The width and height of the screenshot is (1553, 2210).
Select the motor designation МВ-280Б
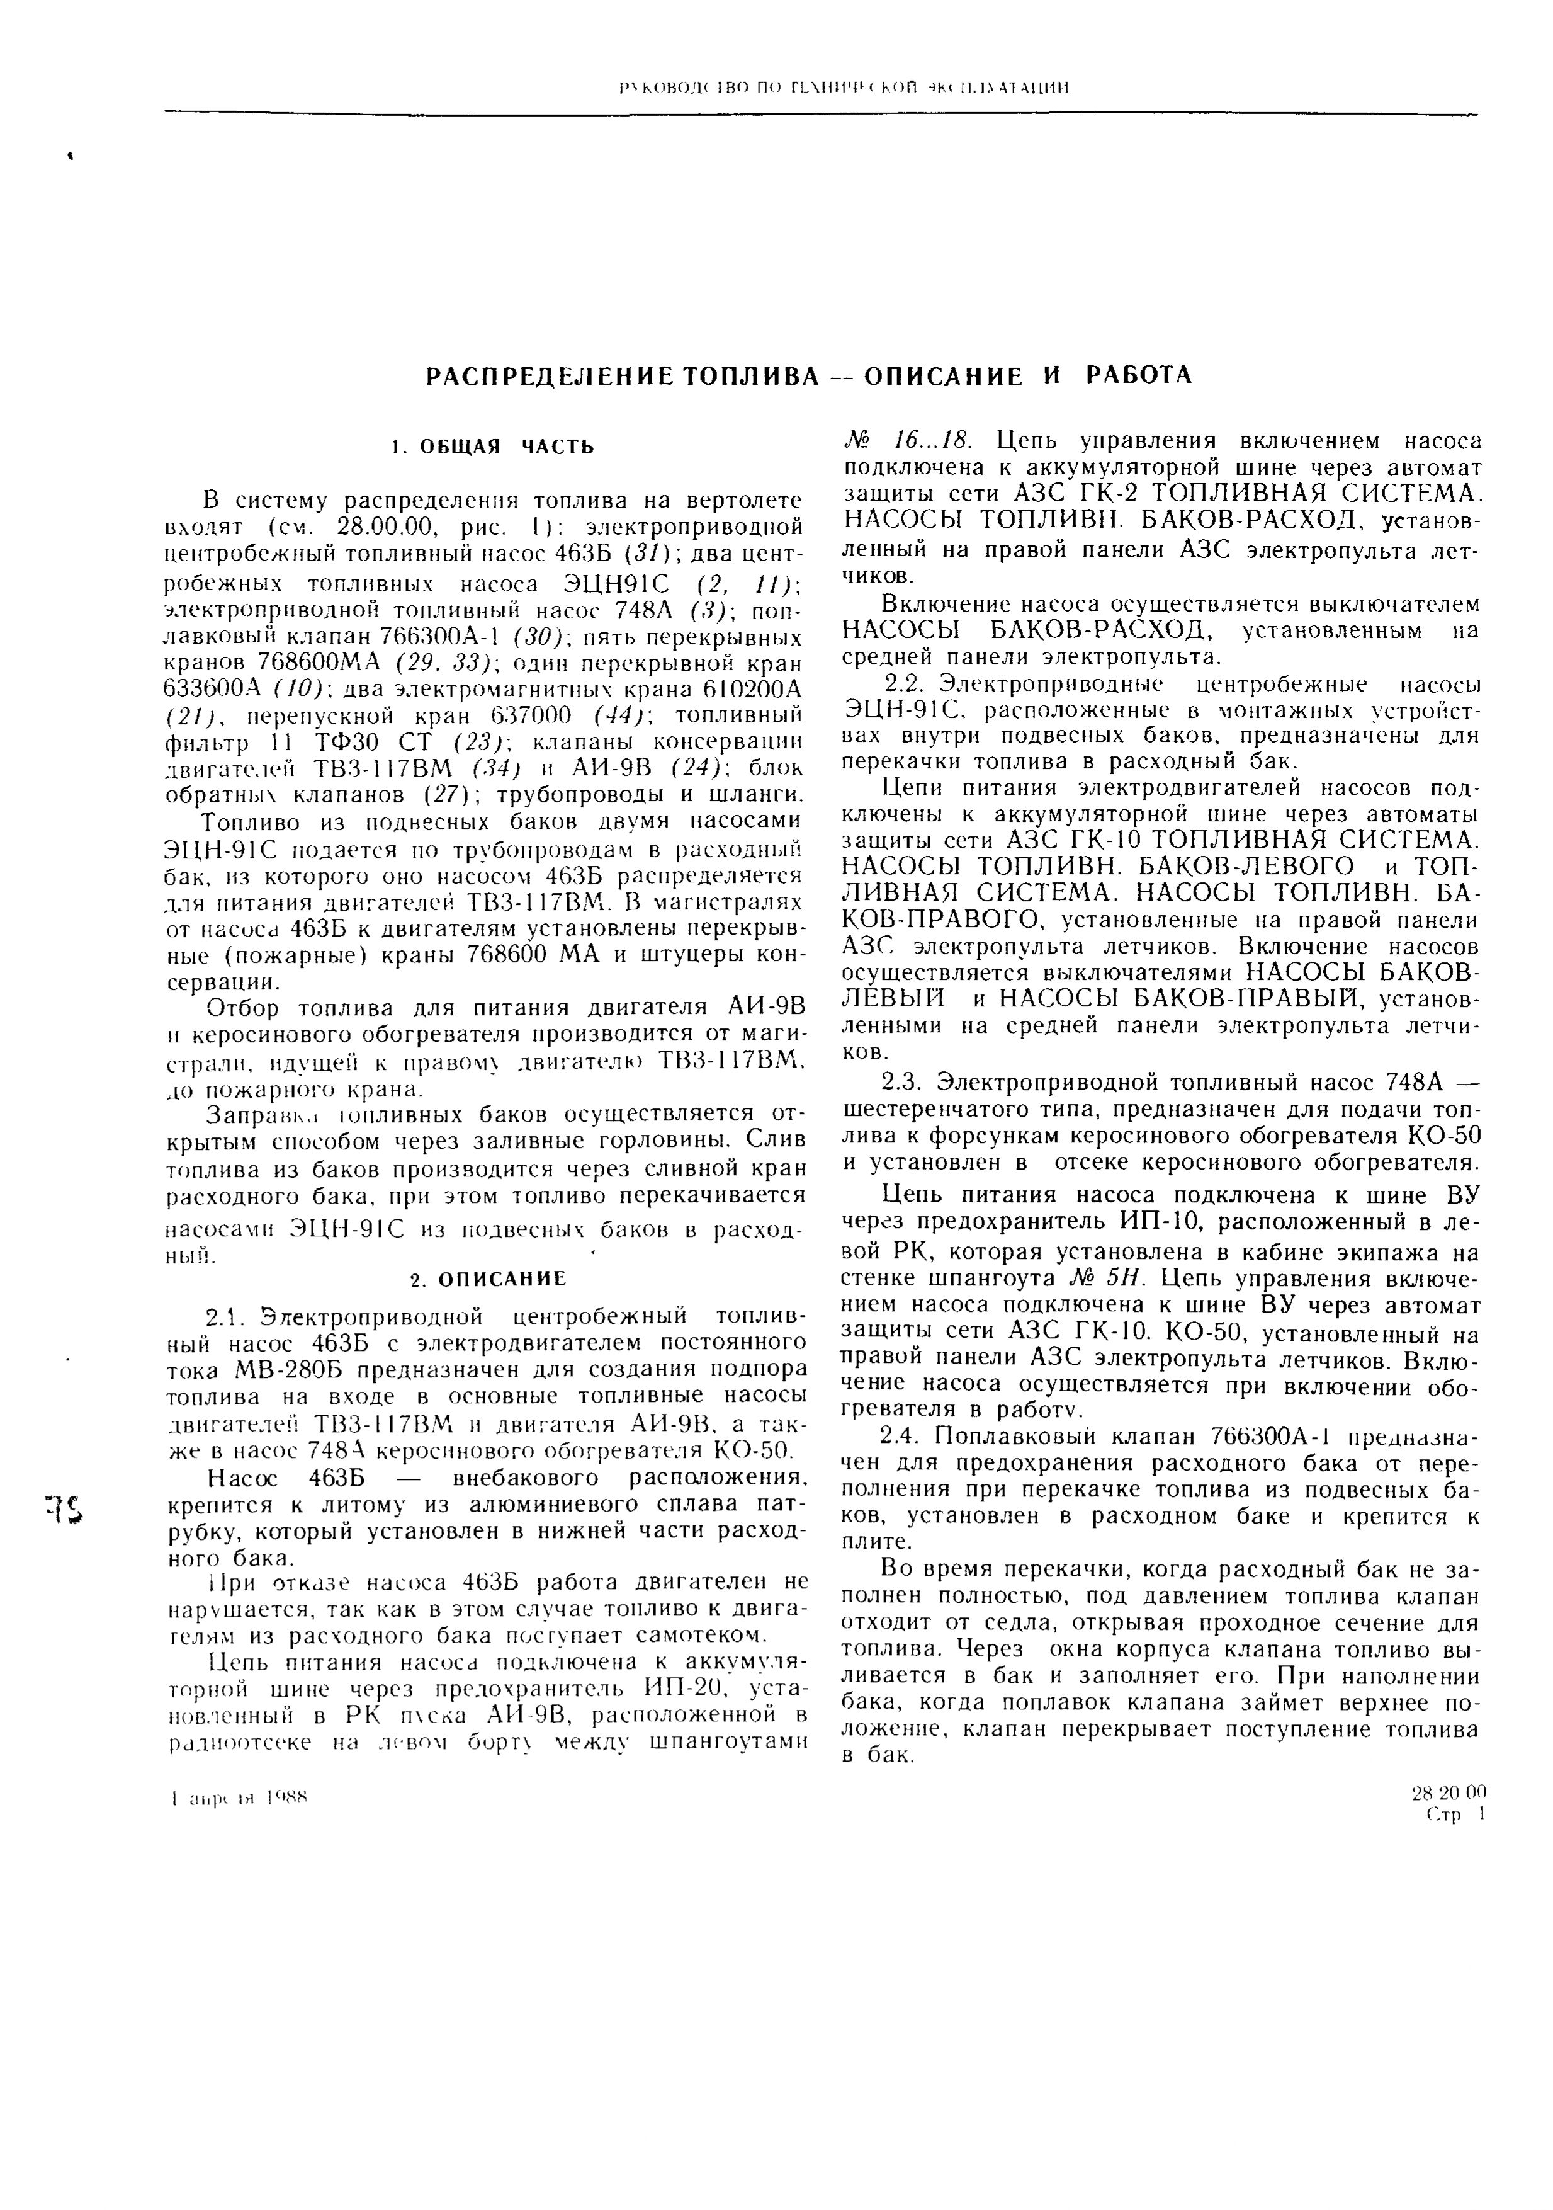280,1370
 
